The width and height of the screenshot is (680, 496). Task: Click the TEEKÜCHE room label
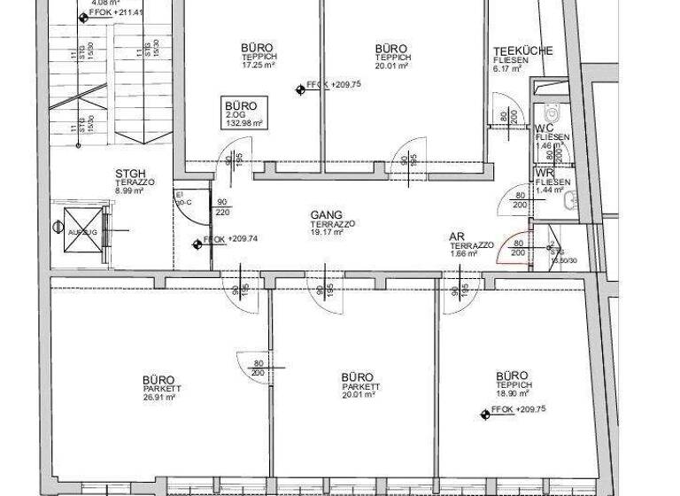click(x=523, y=50)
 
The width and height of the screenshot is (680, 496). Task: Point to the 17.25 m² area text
click(x=257, y=66)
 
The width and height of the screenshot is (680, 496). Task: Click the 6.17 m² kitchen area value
click(x=511, y=69)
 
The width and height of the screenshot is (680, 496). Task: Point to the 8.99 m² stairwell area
click(x=129, y=190)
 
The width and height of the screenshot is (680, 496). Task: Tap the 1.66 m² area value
click(x=463, y=253)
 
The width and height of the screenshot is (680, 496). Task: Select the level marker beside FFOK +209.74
click(x=197, y=245)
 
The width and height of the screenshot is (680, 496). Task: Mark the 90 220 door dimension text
click(x=220, y=207)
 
